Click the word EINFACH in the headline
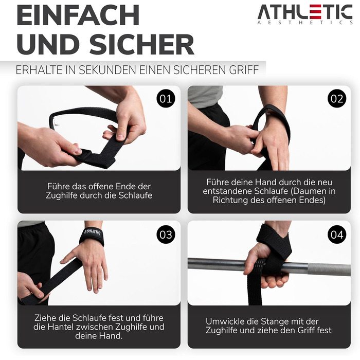78,15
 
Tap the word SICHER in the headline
142,44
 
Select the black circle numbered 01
166,99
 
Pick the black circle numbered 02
337,99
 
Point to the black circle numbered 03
166,235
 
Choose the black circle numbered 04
337,235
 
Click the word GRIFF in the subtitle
244,70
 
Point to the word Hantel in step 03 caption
61,327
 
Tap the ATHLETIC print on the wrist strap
92,232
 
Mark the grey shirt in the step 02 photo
205,97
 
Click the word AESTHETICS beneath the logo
305,23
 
